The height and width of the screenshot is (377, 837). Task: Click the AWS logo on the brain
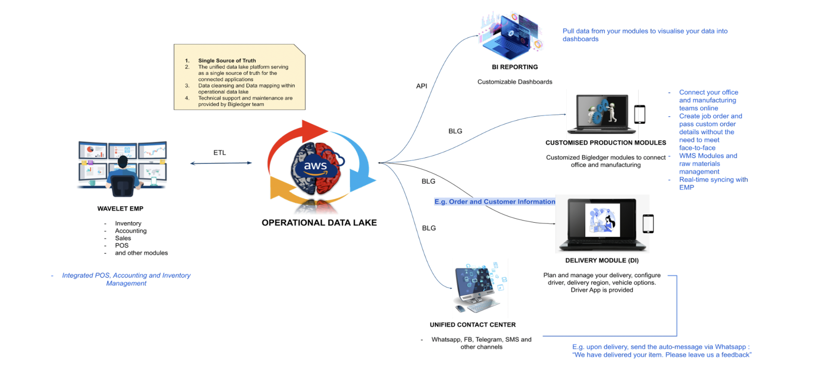(x=315, y=167)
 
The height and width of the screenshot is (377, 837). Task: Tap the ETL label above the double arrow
(x=219, y=153)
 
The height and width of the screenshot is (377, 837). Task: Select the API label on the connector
(x=422, y=86)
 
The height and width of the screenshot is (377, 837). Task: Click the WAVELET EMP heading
(x=120, y=209)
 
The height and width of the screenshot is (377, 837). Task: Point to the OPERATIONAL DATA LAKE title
(x=319, y=223)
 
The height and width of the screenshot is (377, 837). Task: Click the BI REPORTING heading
(x=515, y=67)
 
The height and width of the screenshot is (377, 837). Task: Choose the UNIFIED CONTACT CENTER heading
(x=473, y=325)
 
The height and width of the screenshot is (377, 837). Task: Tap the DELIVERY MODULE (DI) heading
(x=602, y=261)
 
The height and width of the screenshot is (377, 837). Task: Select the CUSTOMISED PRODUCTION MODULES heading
(x=606, y=143)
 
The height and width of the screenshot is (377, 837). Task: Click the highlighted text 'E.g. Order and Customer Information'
(x=495, y=202)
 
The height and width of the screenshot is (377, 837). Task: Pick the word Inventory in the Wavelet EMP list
(x=128, y=223)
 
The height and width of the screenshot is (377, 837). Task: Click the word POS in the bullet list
(x=122, y=246)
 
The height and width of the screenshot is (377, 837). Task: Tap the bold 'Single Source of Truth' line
(x=227, y=61)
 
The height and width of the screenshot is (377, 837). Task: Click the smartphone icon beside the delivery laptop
(x=648, y=223)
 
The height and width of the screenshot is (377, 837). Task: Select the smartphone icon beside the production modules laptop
(x=639, y=114)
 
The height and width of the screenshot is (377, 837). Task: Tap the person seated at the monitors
(x=123, y=177)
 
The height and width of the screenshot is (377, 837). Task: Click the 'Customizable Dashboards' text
(x=515, y=82)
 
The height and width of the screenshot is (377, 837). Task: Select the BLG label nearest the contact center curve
(x=429, y=228)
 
